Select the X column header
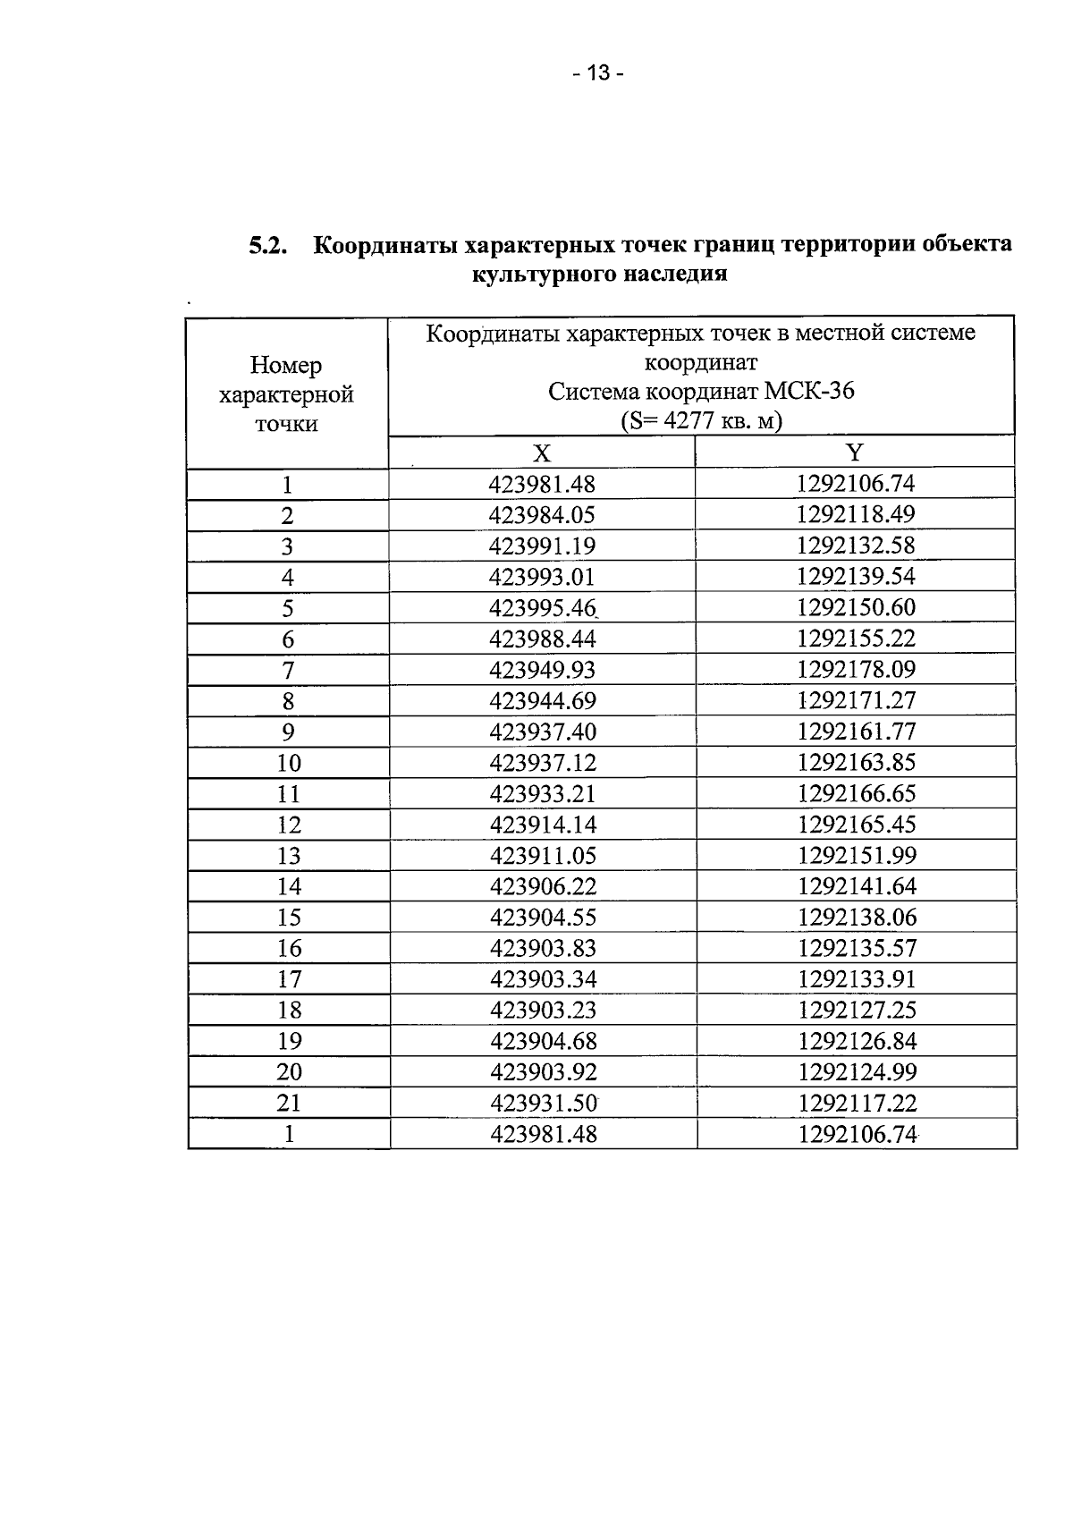pos(542,453)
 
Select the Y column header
pos(855,453)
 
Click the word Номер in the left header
pos(286,365)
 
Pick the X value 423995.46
pos(542,608)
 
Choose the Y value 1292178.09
pos(857,670)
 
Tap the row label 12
pos(288,825)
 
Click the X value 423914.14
pos(542,825)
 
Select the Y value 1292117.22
pos(857,1103)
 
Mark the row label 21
pos(288,1103)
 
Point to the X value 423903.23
pos(542,1010)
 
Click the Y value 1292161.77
pos(857,732)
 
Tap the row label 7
pos(288,670)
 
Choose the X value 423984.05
pos(542,515)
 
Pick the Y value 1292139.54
pos(857,577)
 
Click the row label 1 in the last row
pos(288,1134)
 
